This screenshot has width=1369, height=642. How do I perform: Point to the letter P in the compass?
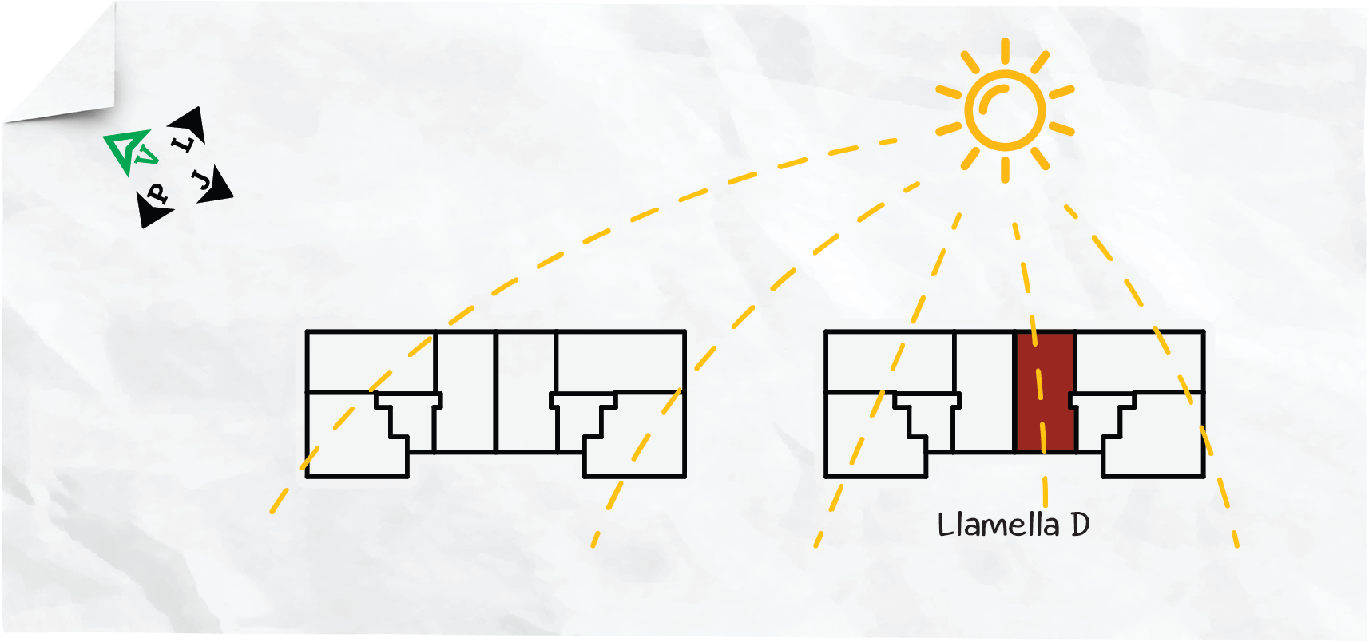click(x=157, y=194)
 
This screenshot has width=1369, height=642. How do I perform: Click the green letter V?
click(x=146, y=155)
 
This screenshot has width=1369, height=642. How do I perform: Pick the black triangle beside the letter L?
click(x=189, y=124)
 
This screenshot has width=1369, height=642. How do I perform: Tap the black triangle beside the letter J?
click(x=217, y=186)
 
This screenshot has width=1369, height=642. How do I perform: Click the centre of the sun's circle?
click(x=1005, y=110)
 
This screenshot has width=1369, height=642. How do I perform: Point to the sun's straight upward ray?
click(x=1005, y=50)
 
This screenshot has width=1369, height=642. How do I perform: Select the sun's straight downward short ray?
click(x=1005, y=170)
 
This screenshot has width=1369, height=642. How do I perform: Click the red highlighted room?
click(x=1045, y=391)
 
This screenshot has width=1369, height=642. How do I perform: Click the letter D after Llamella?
click(x=1080, y=525)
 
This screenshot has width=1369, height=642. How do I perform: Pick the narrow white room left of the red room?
click(x=984, y=391)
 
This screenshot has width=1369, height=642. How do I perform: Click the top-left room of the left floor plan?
click(x=371, y=361)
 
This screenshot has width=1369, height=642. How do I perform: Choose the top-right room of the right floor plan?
click(x=1139, y=361)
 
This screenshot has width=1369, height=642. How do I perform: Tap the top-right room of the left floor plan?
click(x=621, y=361)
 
